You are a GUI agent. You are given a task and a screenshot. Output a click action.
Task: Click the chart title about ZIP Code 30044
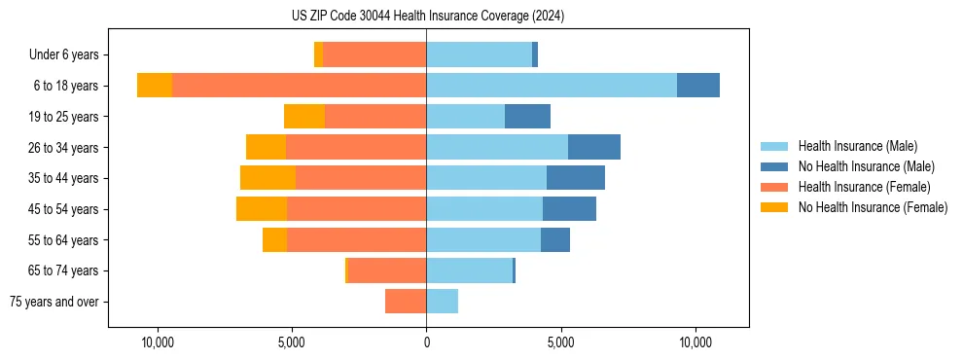click(x=427, y=17)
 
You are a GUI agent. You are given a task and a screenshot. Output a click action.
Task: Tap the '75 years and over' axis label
click(x=53, y=302)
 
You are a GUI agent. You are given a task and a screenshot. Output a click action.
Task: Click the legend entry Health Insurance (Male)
click(x=857, y=146)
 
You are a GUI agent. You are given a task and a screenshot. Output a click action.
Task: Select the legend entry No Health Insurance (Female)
click(x=873, y=207)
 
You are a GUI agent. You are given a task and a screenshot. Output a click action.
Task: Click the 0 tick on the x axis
click(x=426, y=343)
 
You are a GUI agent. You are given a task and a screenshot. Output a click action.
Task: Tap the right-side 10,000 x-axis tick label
click(x=695, y=343)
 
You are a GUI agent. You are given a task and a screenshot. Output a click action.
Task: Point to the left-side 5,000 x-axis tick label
click(x=292, y=343)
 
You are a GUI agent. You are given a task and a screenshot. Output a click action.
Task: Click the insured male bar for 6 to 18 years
click(x=552, y=86)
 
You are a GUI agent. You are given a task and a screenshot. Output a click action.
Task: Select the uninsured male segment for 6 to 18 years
click(x=698, y=86)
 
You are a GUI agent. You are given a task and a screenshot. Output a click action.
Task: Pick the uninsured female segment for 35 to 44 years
click(x=267, y=178)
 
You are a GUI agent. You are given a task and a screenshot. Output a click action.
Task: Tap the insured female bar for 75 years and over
click(x=406, y=302)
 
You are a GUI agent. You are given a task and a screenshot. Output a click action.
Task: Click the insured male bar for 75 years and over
click(x=442, y=302)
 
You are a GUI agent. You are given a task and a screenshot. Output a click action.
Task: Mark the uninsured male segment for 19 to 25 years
click(x=527, y=117)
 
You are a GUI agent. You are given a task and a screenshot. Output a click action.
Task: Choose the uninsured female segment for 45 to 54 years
click(x=262, y=209)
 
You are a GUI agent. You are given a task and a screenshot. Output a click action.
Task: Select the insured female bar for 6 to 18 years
click(x=299, y=86)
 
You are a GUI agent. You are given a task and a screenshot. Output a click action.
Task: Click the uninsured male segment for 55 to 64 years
click(x=555, y=239)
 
